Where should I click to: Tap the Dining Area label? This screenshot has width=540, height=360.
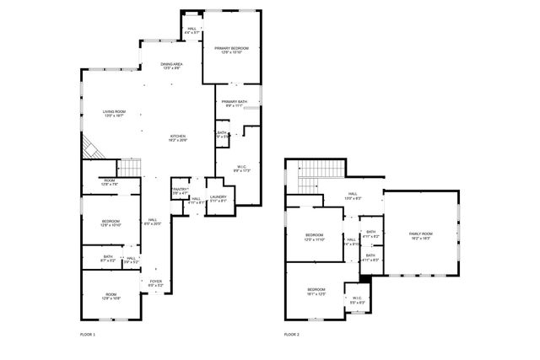pyautogui.click(x=172, y=66)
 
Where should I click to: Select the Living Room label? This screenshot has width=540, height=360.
pyautogui.click(x=114, y=113)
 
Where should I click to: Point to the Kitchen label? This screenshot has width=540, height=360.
pyautogui.click(x=178, y=138)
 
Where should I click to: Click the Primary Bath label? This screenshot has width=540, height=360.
pyautogui.click(x=235, y=104)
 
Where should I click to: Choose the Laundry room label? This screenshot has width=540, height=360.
pyautogui.click(x=219, y=199)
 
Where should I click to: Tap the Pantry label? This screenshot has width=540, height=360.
pyautogui.click(x=180, y=191)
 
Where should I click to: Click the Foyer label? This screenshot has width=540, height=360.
pyautogui.click(x=156, y=283)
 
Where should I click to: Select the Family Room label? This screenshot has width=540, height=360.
pyautogui.click(x=420, y=235)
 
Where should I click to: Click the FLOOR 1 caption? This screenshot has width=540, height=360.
pyautogui.click(x=88, y=335)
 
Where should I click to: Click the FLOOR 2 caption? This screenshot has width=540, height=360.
pyautogui.click(x=292, y=335)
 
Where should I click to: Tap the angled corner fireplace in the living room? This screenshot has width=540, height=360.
pyautogui.click(x=90, y=149)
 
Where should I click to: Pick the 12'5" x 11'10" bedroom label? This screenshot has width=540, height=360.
pyautogui.click(x=314, y=236)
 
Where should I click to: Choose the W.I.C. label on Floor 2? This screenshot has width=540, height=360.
pyautogui.click(x=357, y=299)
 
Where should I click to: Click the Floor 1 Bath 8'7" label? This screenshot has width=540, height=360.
pyautogui.click(x=108, y=258)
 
